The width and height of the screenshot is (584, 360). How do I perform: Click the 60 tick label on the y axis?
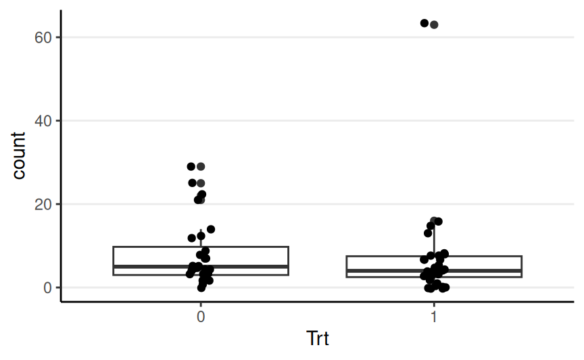pyautogui.click(x=44, y=37)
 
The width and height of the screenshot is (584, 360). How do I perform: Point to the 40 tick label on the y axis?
pyautogui.click(x=44, y=121)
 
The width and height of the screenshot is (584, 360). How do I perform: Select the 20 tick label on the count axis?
pyautogui.click(x=44, y=204)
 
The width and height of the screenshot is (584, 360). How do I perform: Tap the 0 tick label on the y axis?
pyautogui.click(x=48, y=288)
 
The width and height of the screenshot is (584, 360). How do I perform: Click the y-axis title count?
pyautogui.click(x=19, y=155)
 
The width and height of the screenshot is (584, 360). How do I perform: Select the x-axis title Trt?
pyautogui.click(x=317, y=338)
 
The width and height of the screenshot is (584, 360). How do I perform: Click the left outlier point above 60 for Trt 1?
pyautogui.click(x=424, y=24)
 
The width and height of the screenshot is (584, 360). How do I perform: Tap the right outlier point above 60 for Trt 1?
pyautogui.click(x=435, y=25)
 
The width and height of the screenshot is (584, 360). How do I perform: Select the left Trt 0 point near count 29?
pyautogui.click(x=191, y=166)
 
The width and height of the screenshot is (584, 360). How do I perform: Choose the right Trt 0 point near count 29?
pyautogui.click(x=201, y=166)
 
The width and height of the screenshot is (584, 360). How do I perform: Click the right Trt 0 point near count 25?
pyautogui.click(x=201, y=183)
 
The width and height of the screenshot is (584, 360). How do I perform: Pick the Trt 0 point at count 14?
pyautogui.click(x=211, y=229)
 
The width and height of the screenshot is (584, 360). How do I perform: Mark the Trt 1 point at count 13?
pyautogui.click(x=428, y=233)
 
